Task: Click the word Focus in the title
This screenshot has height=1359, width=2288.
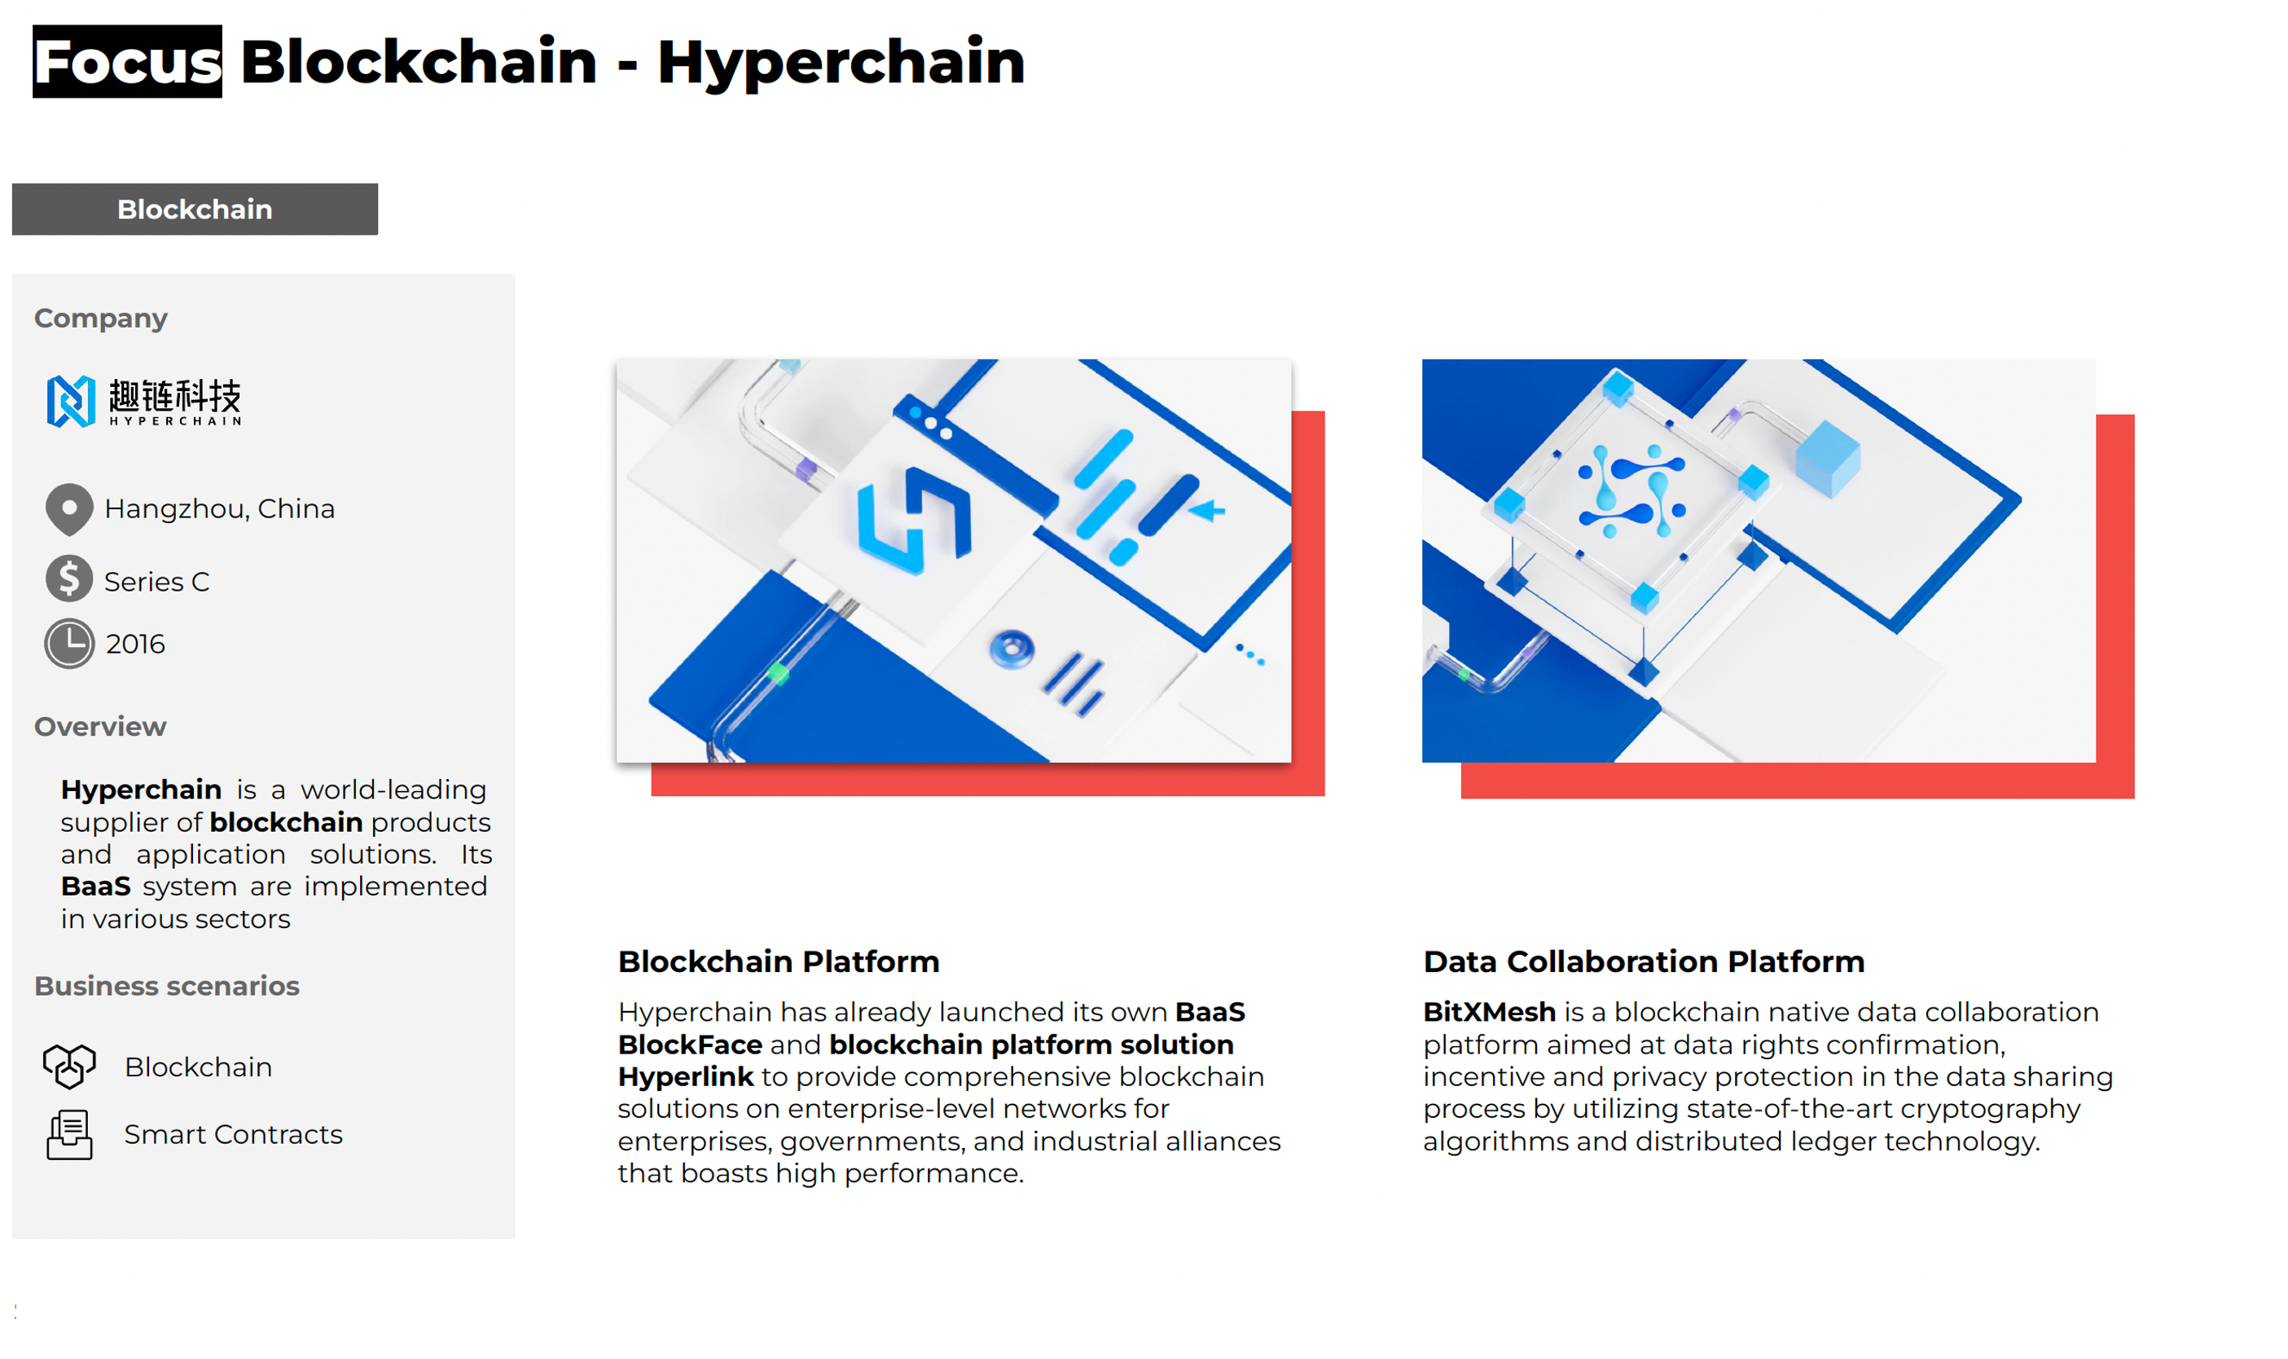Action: [x=127, y=61]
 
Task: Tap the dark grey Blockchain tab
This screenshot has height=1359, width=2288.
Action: [x=194, y=209]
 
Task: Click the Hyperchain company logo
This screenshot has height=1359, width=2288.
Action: [x=143, y=401]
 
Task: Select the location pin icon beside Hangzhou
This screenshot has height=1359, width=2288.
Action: [x=68, y=509]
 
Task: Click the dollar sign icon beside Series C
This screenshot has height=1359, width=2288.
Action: [x=68, y=578]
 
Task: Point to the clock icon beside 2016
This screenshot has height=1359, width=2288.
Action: [x=68, y=644]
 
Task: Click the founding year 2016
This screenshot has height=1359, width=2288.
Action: [x=135, y=644]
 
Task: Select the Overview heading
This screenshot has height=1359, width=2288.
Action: [x=101, y=726]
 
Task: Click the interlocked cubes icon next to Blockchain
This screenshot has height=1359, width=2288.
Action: [x=69, y=1066]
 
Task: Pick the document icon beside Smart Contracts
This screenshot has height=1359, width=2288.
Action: [x=69, y=1136]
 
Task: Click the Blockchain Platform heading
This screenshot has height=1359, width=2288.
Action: [x=778, y=961]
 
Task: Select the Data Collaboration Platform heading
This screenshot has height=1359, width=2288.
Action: [x=1644, y=961]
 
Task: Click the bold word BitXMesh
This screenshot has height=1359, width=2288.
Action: [x=1489, y=1012]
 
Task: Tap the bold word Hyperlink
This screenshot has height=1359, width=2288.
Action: [x=685, y=1077]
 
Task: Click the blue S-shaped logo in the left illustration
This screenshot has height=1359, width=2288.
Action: [x=913, y=520]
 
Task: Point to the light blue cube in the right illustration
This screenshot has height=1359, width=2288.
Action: [x=1828, y=458]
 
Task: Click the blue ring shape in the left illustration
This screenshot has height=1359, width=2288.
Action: [x=1012, y=649]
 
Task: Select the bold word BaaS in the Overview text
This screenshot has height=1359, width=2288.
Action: [x=96, y=886]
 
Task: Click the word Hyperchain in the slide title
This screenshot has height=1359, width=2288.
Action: [x=841, y=62]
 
